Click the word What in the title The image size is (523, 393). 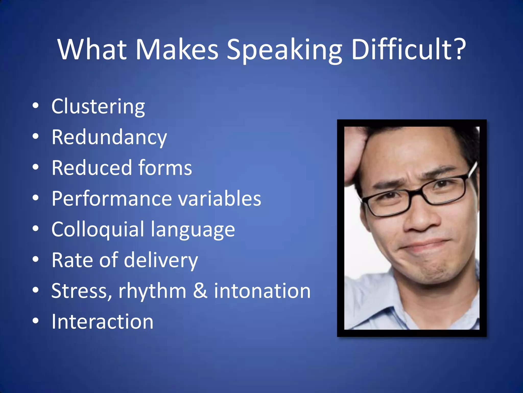tap(92, 49)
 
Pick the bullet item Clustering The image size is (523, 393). tap(98, 106)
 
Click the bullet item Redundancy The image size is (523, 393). tap(109, 137)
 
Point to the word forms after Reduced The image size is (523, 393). tap(165, 168)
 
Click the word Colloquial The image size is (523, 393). tap(98, 229)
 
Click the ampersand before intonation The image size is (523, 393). tap(200, 291)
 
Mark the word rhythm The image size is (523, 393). tap(152, 291)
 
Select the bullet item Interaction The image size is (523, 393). tap(102, 322)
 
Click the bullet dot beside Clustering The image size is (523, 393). tap(35, 106)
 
